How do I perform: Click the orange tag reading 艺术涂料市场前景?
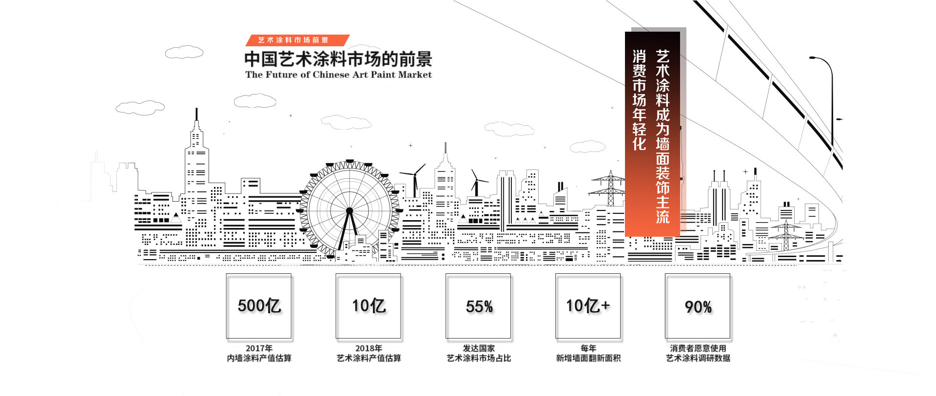(x=293, y=40)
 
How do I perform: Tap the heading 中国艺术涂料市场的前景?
(x=338, y=59)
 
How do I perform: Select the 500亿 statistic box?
(x=259, y=306)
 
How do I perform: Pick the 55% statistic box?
(x=479, y=306)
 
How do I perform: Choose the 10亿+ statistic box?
(x=588, y=306)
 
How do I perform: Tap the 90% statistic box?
(x=698, y=306)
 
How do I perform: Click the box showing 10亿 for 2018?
(x=369, y=306)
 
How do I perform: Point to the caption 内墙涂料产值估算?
(x=259, y=358)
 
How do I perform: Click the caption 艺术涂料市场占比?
(x=479, y=358)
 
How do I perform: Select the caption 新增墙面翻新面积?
(x=588, y=358)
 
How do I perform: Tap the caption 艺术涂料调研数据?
(x=698, y=358)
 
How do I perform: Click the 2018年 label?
(x=369, y=348)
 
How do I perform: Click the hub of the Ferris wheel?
(x=349, y=211)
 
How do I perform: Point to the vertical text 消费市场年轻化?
(x=639, y=100)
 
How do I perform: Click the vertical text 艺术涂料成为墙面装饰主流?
(x=663, y=136)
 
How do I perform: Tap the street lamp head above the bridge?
(x=813, y=58)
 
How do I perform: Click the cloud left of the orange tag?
(x=184, y=52)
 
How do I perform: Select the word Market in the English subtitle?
(x=415, y=75)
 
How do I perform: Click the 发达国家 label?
(x=479, y=348)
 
